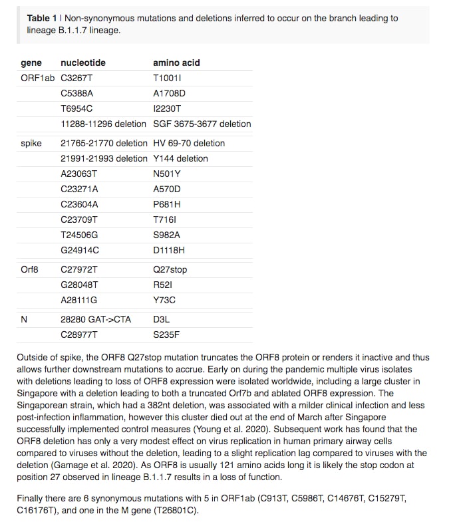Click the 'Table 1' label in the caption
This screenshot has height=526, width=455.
click(42, 18)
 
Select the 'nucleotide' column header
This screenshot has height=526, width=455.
click(82, 63)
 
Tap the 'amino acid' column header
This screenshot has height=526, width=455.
click(176, 63)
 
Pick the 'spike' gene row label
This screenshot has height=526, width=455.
click(31, 143)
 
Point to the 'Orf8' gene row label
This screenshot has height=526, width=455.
click(30, 269)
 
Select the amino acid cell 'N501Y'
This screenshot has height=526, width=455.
click(166, 174)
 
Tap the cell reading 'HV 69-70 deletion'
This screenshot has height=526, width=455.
click(189, 143)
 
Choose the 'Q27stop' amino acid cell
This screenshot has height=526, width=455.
click(170, 269)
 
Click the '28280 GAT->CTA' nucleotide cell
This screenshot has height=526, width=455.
click(96, 319)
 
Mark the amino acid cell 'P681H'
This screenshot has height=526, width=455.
click(167, 204)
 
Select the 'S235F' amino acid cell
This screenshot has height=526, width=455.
click(166, 334)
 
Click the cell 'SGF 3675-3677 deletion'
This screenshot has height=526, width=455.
click(202, 124)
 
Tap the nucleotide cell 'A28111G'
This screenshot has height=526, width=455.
click(78, 300)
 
